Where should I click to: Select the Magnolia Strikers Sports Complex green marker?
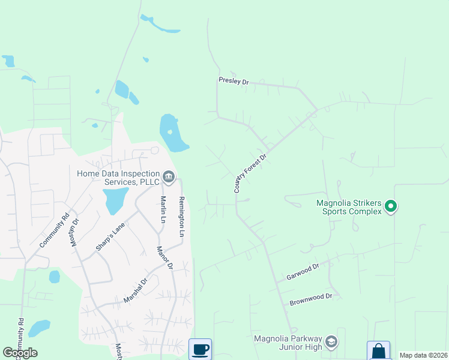pyautogui.click(x=391, y=207)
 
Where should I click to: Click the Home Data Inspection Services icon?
pyautogui.click(x=169, y=176)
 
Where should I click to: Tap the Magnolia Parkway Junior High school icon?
pyautogui.click(x=331, y=342)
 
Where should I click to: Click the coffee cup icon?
pyautogui.click(x=200, y=349)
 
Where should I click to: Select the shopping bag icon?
pyautogui.click(x=378, y=350)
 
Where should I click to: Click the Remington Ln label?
pyautogui.click(x=181, y=214)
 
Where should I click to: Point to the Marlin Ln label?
pyautogui.click(x=163, y=209)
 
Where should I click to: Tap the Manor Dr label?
pyautogui.click(x=164, y=257)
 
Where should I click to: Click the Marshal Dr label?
pyautogui.click(x=136, y=290)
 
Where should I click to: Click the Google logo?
pyautogui.click(x=20, y=353)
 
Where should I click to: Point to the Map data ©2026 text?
pyautogui.click(x=423, y=355)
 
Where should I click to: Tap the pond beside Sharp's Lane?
pyautogui.click(x=115, y=200)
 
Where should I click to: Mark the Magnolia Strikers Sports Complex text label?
pyautogui.click(x=349, y=207)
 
